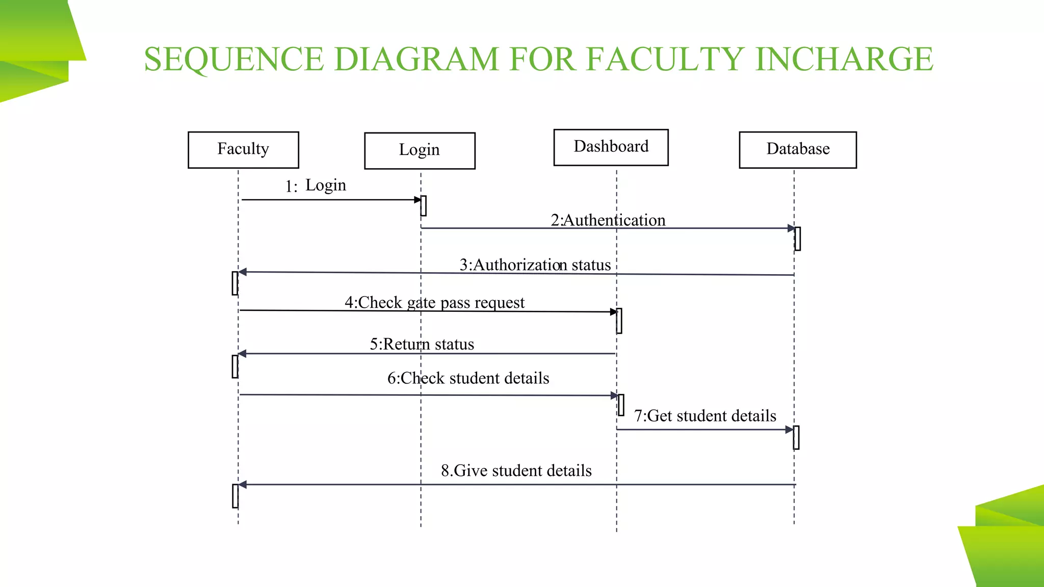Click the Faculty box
pyautogui.click(x=243, y=150)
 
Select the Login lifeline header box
pyautogui.click(x=420, y=151)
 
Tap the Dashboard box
pyautogui.click(x=611, y=147)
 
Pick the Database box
pyautogui.click(x=798, y=150)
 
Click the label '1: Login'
pyautogui.click(x=316, y=185)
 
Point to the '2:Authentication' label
pyautogui.click(x=608, y=220)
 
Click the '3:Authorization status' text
pyautogui.click(x=535, y=265)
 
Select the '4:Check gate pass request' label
pyautogui.click(x=434, y=303)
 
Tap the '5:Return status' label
pyautogui.click(x=422, y=344)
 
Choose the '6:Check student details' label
pyautogui.click(x=468, y=379)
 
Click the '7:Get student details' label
pyautogui.click(x=705, y=416)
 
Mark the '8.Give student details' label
pyautogui.click(x=516, y=471)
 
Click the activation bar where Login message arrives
pyautogui.click(x=424, y=206)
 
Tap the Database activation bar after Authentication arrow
pyautogui.click(x=798, y=238)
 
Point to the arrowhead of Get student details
pyautogui.click(x=790, y=430)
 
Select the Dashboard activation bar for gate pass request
pyautogui.click(x=619, y=321)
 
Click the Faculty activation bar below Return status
pyautogui.click(x=235, y=366)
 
